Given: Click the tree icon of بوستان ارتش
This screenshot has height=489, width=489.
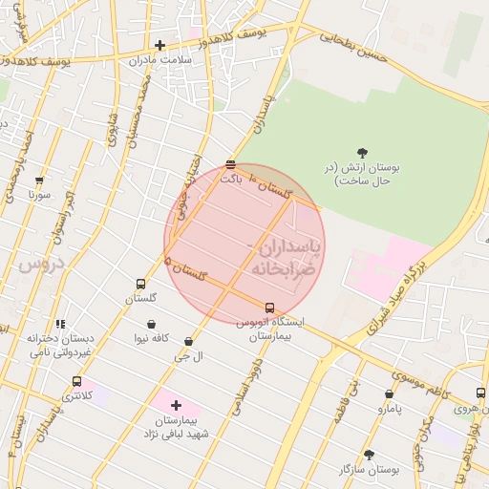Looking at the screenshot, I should coord(362,152).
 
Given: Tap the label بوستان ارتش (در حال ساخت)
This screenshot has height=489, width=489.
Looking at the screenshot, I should coord(361,174).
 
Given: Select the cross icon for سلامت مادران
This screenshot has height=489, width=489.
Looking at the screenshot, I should coord(159,44).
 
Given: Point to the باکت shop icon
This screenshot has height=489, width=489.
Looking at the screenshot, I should coord(230,164).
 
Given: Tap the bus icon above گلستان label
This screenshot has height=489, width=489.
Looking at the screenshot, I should coord(141,284).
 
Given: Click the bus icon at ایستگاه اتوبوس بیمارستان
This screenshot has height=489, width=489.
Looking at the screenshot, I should coord(269,308).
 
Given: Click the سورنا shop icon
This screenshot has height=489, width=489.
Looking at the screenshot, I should coord(39,180).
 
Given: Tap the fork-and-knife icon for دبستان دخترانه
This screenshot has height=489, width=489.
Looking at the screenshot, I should coord(60,324).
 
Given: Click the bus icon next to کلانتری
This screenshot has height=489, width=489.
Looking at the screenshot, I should coord(76,381).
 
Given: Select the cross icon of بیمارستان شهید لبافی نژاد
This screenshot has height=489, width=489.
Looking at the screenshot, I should coord(176,405).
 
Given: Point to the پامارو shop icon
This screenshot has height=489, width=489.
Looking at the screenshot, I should coord(389,393).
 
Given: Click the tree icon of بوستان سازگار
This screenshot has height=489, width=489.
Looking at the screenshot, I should coord(369,455).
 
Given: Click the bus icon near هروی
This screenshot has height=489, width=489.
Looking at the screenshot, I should coord(479,393).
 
